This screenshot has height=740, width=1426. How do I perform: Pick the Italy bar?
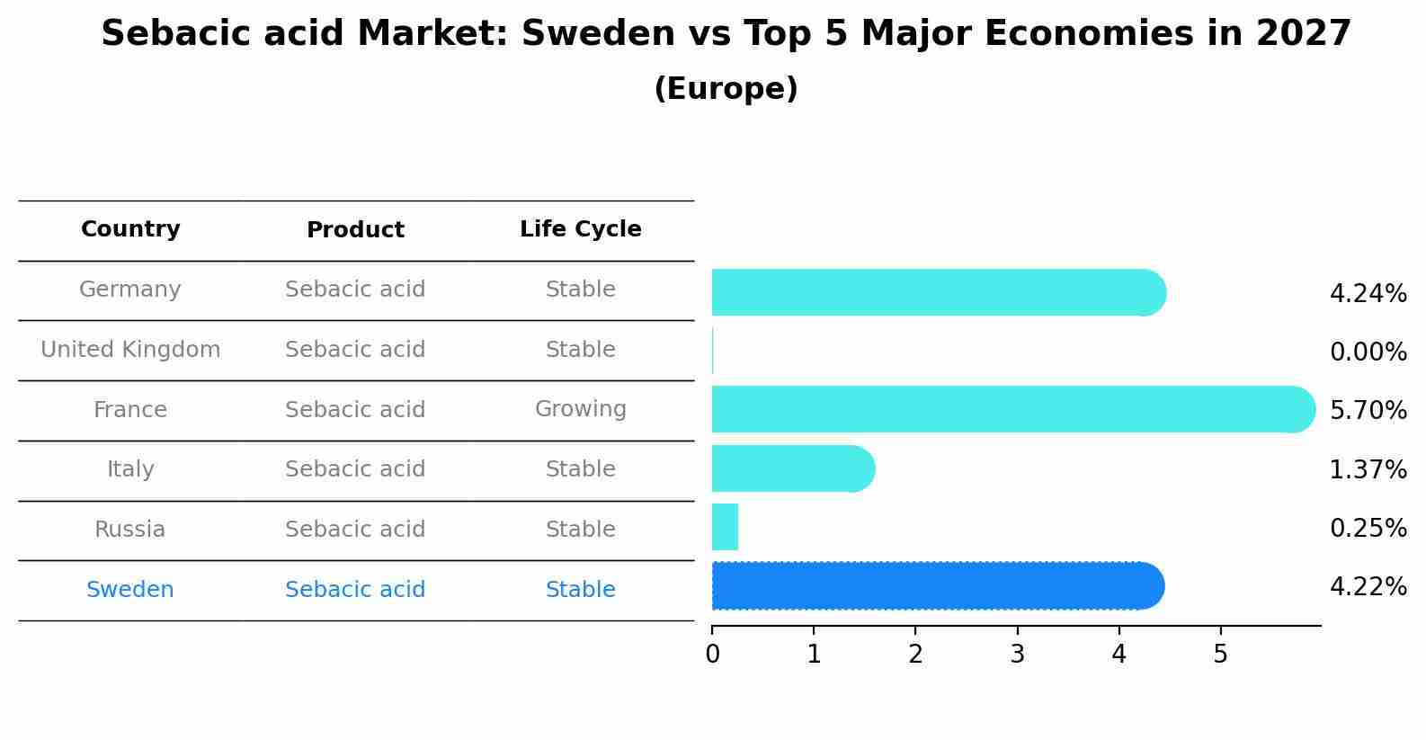[792, 468]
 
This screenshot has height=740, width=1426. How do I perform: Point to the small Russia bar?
[725, 527]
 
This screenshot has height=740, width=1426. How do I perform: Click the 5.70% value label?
[1368, 411]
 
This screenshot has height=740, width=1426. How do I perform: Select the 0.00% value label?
[1368, 352]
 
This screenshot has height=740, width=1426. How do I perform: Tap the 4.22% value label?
[1368, 587]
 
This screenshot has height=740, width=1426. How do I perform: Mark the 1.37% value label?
[1368, 470]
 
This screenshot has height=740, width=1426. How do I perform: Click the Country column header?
[130, 229]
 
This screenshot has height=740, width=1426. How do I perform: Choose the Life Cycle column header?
[580, 229]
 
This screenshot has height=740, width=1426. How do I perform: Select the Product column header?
[355, 230]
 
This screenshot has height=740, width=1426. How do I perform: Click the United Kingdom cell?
[130, 350]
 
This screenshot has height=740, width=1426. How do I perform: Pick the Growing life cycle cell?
[580, 409]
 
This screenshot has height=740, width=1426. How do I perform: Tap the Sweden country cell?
[130, 590]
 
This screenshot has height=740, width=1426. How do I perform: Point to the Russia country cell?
[130, 530]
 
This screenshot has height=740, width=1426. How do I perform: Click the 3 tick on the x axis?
[1017, 655]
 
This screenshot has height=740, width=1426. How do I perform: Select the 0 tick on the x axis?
[712, 655]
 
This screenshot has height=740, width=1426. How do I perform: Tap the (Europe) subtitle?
[726, 89]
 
